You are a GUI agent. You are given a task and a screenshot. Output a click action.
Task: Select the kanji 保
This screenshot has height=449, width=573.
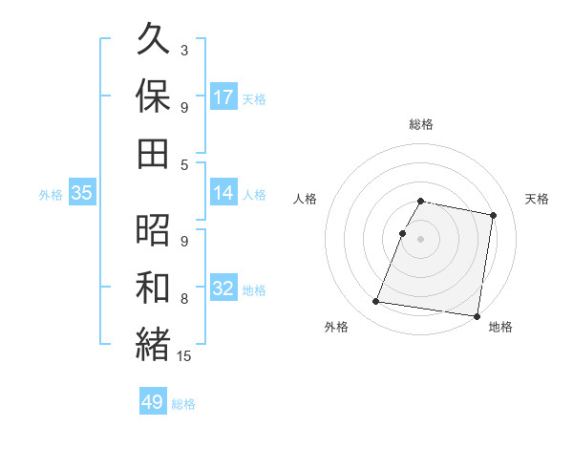tap(154, 96)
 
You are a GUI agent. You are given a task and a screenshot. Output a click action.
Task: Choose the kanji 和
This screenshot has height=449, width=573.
tap(154, 286)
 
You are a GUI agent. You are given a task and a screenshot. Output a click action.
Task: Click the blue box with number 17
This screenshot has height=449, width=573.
tap(223, 97)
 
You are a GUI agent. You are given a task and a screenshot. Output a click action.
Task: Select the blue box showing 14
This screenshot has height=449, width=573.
tap(223, 193)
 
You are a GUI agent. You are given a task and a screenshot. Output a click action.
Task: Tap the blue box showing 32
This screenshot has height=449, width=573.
tap(223, 289)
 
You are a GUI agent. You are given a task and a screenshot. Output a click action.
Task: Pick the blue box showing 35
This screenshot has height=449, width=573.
tap(81, 193)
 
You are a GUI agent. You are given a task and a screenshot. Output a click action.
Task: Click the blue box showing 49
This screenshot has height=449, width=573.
tap(153, 402)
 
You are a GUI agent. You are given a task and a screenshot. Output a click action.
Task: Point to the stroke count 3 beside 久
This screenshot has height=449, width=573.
tap(183, 50)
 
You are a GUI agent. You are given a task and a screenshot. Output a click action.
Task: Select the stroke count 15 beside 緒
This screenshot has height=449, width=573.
tap(185, 356)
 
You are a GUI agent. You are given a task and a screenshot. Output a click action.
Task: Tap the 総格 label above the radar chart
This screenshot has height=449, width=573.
tap(421, 124)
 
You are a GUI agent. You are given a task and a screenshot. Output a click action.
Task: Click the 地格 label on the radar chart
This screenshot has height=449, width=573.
tap(500, 327)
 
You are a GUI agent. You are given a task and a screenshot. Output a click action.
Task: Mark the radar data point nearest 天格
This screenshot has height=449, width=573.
tap(493, 216)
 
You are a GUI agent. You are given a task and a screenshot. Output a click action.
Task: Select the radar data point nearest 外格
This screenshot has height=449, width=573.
tap(376, 302)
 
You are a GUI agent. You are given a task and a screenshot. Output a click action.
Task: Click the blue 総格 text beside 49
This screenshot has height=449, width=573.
tap(183, 404)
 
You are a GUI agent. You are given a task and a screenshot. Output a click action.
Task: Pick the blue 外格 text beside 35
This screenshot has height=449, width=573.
tap(51, 195)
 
